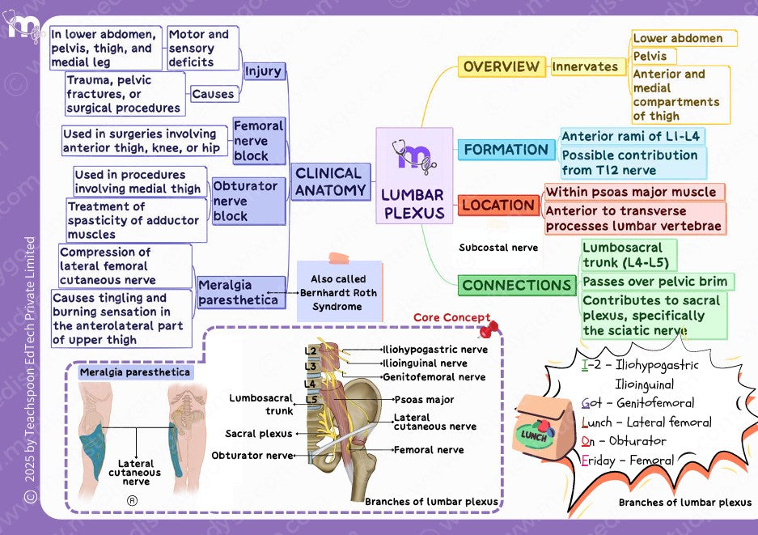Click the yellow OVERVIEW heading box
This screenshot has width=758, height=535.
point(502,66)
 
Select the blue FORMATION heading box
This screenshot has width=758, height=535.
point(506,150)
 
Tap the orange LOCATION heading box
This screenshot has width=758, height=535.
point(498,205)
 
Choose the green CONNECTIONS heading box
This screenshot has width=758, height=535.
point(517,286)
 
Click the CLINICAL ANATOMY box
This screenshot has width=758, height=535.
point(331,182)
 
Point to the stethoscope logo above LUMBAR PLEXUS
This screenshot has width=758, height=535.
point(414,155)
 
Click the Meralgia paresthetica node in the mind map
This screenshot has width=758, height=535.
point(241,292)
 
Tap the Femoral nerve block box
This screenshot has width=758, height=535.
point(259,141)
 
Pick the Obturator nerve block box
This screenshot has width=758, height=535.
point(248,201)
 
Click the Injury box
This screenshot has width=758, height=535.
point(264,71)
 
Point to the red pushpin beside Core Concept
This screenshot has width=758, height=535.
point(489,329)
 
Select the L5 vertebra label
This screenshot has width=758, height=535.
point(311,400)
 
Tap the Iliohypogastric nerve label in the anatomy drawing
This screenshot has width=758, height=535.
point(435,350)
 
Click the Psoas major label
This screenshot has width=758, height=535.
point(424,400)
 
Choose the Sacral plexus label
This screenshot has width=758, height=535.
point(259,433)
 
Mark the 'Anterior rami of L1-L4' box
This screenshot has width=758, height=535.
point(631,137)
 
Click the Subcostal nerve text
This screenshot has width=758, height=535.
point(498,248)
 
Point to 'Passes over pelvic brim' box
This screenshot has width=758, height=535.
point(655,282)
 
